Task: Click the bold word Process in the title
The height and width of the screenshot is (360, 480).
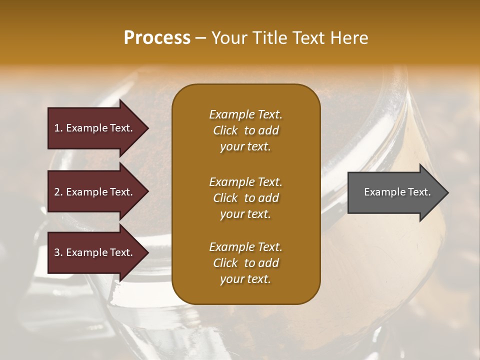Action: pos(157,38)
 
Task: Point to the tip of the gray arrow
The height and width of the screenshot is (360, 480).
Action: pos(447,192)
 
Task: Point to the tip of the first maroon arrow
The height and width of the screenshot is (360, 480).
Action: pos(147,128)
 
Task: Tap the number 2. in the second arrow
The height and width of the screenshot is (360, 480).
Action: pos(58,192)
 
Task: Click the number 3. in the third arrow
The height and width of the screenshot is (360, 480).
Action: pos(58,252)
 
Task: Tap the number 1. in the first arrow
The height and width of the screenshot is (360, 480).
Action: pos(58,128)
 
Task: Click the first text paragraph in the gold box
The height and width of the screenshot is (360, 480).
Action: pos(245,130)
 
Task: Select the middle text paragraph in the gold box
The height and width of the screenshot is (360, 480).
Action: pos(245,198)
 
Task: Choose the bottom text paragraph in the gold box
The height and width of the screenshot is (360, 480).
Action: pos(245,263)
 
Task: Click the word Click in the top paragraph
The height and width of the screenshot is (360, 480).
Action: pos(225,130)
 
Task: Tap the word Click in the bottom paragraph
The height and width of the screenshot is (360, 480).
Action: pos(225,263)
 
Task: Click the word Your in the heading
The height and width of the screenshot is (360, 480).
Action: pos(228,38)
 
